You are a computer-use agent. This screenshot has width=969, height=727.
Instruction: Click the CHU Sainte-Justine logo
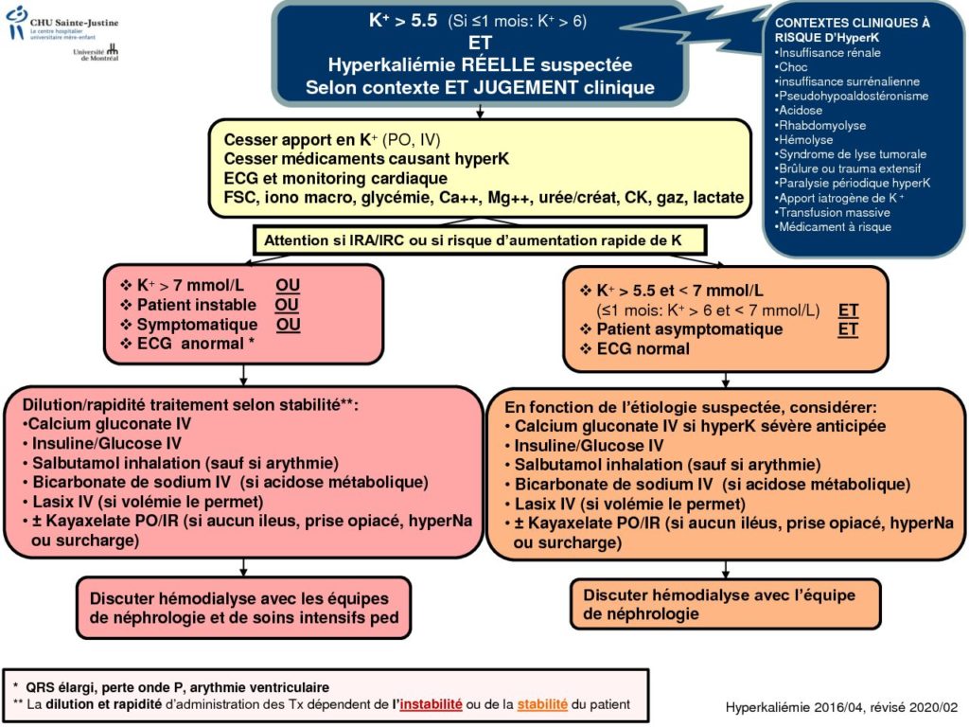62,24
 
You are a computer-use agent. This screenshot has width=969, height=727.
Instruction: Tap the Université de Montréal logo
96,53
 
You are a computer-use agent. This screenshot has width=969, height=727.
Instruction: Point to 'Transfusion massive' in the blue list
833,213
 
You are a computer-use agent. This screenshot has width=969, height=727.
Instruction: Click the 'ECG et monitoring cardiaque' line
336,179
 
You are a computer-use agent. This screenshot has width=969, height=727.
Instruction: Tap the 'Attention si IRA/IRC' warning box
479,240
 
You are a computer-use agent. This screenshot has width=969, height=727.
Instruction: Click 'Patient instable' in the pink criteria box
196,305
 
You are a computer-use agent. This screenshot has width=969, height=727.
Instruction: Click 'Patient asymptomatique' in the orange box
689,329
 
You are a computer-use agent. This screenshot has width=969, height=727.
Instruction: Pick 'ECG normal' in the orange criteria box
643,348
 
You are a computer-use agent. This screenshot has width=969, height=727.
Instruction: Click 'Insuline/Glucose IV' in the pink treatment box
106,444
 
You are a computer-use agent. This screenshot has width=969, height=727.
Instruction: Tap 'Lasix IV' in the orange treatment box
546,505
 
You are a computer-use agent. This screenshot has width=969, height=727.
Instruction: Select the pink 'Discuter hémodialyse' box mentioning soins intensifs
243,608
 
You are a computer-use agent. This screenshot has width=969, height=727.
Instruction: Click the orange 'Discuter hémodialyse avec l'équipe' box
726,604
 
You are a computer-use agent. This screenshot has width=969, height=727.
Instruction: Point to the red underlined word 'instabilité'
431,704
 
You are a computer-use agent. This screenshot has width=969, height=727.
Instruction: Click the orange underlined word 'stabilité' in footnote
542,704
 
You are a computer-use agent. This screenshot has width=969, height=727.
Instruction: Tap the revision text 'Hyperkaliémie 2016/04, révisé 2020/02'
841,707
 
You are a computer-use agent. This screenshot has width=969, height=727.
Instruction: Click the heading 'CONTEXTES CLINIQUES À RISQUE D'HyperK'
853,30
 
